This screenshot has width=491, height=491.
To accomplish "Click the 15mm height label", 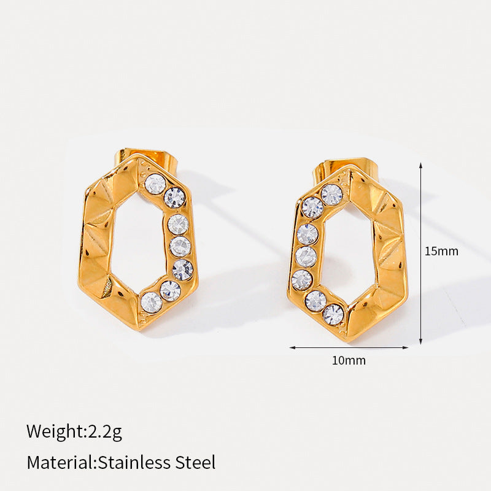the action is coord(441,251).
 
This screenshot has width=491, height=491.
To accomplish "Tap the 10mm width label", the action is coord(349,360).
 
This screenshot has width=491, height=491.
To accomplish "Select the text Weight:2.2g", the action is coord(74,431).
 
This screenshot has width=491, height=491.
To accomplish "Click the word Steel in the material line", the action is coord(195,462).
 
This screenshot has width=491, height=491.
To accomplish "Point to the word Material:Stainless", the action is coord(99,462).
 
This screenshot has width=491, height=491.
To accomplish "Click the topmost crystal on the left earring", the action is coord(155,184).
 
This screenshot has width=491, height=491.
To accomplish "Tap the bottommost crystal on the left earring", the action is coord(152,303).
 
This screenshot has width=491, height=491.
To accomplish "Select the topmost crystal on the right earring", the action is coord(331,195).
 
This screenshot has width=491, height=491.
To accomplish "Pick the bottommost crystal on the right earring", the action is coord(333,314).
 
